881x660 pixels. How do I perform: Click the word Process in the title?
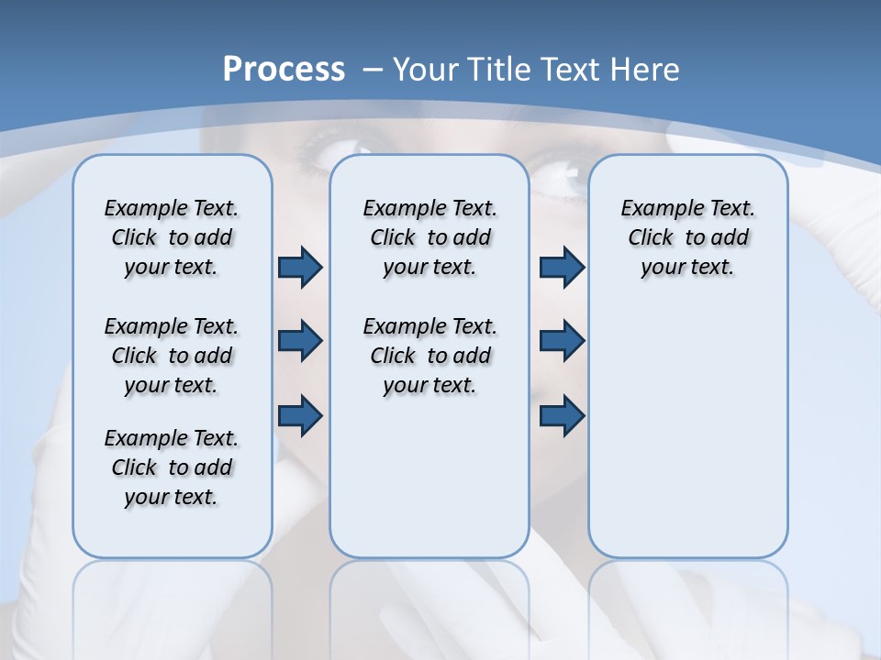tap(284, 70)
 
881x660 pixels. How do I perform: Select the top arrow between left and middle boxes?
tap(300, 268)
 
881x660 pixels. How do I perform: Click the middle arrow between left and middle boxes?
tap(300, 341)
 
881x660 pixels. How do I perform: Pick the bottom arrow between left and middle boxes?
tap(300, 415)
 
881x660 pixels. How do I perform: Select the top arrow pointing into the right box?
tap(562, 268)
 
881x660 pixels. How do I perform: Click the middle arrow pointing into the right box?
tap(562, 341)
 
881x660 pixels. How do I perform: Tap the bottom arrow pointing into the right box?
tap(562, 415)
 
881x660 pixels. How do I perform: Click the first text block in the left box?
tap(172, 237)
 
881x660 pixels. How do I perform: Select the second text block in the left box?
tap(172, 356)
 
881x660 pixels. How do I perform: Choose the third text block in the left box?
tap(172, 467)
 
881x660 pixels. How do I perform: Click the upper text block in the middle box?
tap(429, 237)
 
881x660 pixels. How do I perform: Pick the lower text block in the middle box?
tap(429, 356)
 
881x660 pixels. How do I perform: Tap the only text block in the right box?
tap(687, 237)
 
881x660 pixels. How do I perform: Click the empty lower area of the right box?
tap(687, 440)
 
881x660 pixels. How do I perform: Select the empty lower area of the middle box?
tap(429, 477)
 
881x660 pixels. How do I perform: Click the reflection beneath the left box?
tap(173, 596)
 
